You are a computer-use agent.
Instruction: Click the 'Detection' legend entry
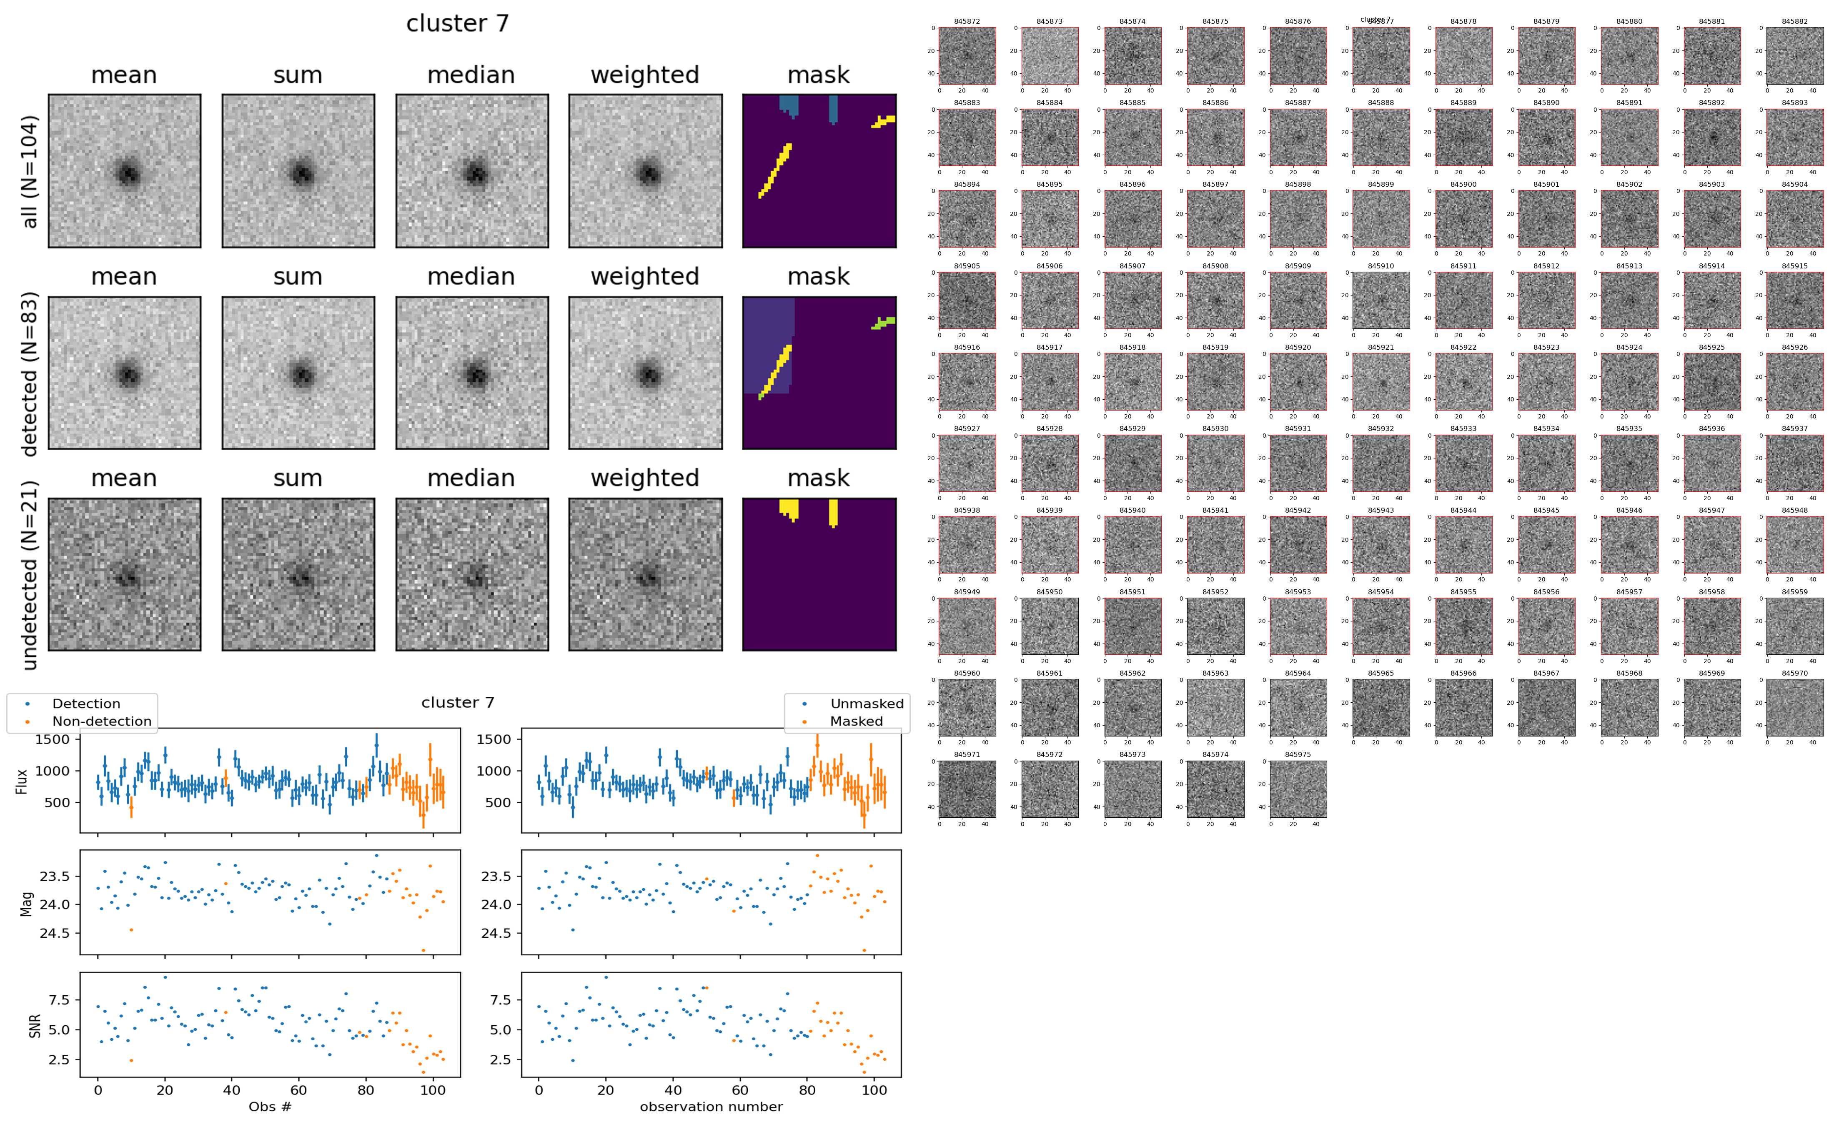(86, 704)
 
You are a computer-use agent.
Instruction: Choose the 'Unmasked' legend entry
(867, 704)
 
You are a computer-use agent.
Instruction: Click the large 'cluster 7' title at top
(457, 24)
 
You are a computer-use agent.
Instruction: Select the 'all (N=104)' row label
(30, 171)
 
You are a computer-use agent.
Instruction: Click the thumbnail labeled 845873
(1049, 56)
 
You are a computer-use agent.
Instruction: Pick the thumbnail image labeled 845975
(1298, 789)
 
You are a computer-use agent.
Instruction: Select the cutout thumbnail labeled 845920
(1298, 382)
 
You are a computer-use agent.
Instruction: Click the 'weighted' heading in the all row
(645, 75)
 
